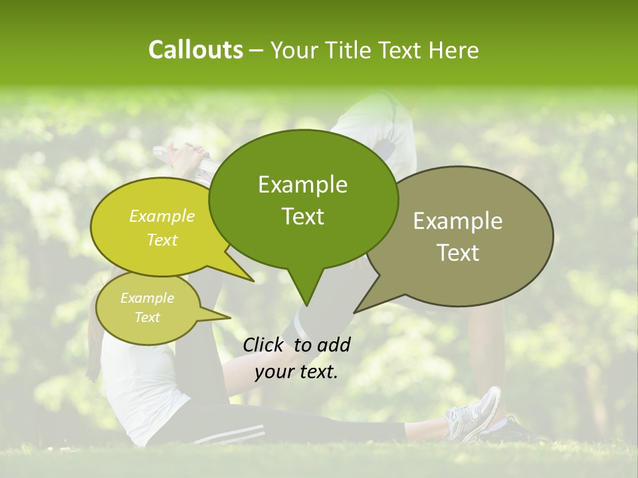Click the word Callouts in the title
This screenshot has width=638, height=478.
click(195, 50)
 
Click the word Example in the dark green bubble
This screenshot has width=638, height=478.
click(302, 185)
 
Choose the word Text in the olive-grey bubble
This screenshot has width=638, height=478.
click(458, 253)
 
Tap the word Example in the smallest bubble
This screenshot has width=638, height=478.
click(147, 298)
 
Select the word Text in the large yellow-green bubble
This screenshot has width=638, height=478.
click(162, 240)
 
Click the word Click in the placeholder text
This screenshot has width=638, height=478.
click(265, 345)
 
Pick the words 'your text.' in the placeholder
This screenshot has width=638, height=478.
click(296, 372)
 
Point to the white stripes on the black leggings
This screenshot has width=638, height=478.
click(233, 435)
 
